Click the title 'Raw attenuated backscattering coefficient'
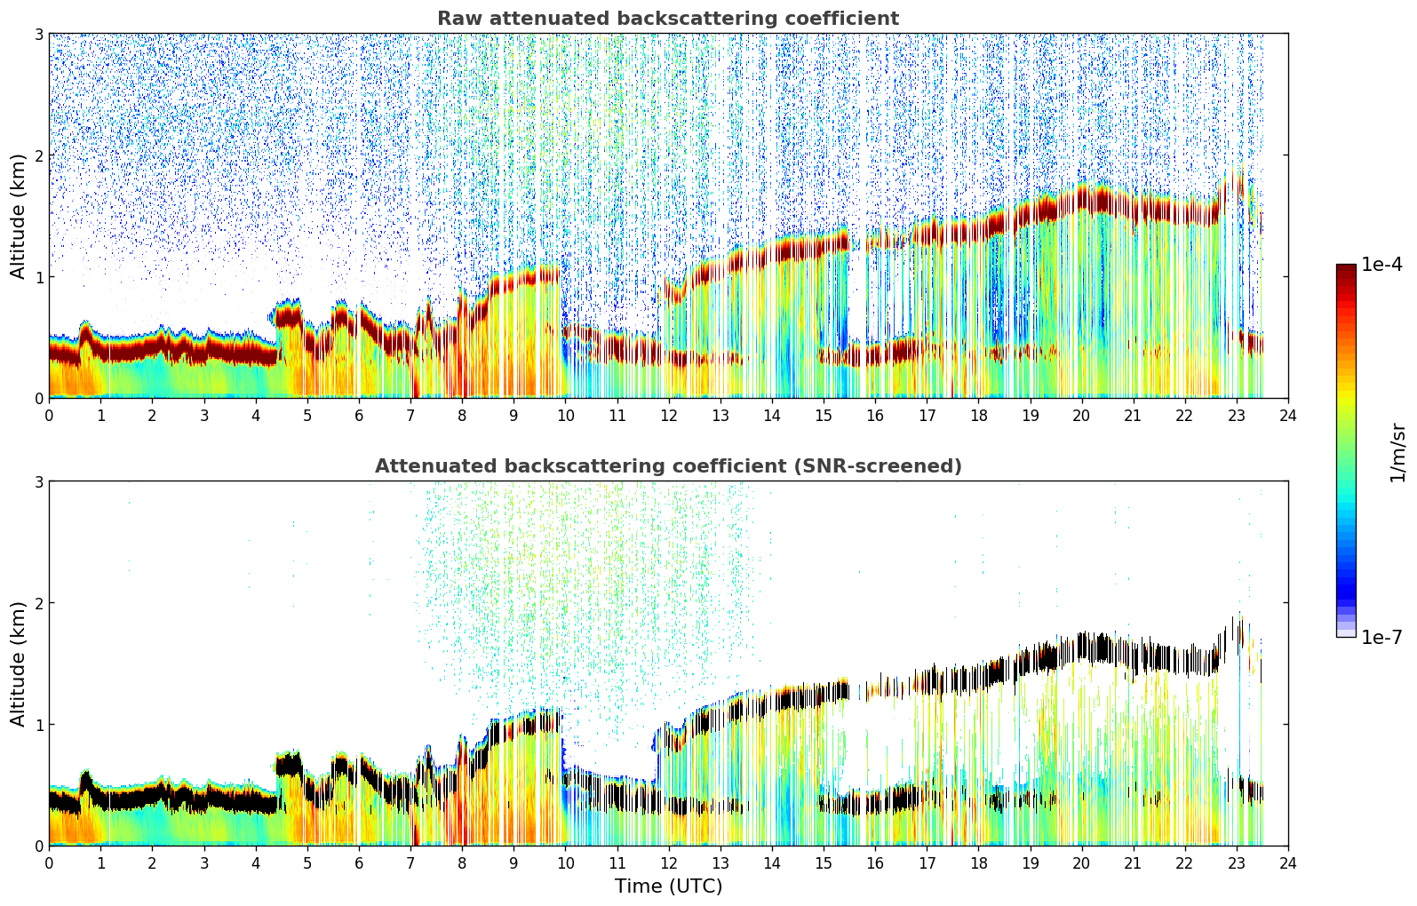(x=668, y=19)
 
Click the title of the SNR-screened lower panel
(x=668, y=466)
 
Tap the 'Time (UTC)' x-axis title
(x=668, y=886)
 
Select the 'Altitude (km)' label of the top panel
(x=18, y=216)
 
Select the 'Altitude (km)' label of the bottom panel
(x=18, y=664)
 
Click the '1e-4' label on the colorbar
(x=1381, y=265)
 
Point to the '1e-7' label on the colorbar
(x=1381, y=637)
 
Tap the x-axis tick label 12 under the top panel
(x=669, y=415)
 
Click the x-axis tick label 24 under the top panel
(x=1288, y=415)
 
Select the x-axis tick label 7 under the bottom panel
(x=410, y=862)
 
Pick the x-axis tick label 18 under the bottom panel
(x=978, y=862)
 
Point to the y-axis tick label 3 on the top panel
(x=38, y=34)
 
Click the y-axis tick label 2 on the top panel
(x=38, y=155)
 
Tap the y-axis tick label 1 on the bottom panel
(x=38, y=725)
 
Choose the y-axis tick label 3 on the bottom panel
(x=38, y=481)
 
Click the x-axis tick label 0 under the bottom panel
(x=49, y=862)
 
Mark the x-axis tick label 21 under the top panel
(x=1133, y=415)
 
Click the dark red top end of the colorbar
(x=1346, y=268)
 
